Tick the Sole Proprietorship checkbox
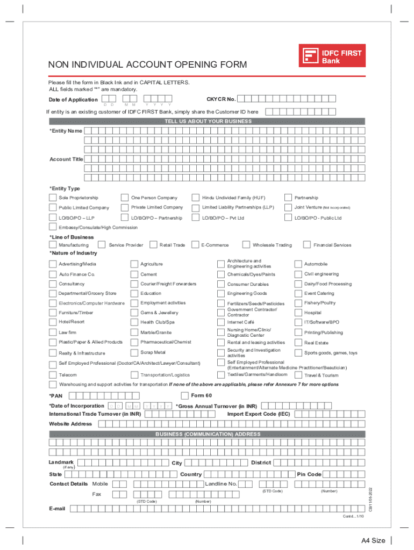53,198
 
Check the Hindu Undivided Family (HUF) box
196,198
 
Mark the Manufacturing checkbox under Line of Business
53,245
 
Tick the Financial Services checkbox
306,245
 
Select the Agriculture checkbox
134,264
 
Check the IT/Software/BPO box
298,322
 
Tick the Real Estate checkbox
298,342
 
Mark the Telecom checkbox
53,375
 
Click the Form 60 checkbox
185,396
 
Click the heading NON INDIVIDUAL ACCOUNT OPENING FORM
148,65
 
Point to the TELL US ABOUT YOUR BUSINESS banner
208,121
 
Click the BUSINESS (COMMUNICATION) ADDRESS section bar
208,434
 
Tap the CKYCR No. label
221,99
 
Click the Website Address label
70,424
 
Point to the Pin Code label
309,474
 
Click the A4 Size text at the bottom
373,540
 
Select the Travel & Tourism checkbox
298,375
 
